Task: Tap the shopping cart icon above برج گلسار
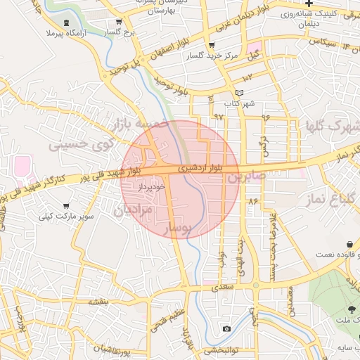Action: pyautogui.click(x=120, y=21)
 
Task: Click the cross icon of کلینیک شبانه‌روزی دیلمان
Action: pyautogui.click(x=309, y=4)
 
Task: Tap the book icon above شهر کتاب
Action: pyautogui.click(x=239, y=93)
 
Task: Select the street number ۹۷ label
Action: pyautogui.click(x=218, y=116)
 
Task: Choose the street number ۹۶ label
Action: pyautogui.click(x=265, y=117)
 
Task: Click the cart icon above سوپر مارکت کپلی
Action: pyautogui.click(x=65, y=207)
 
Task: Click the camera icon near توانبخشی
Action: pyautogui.click(x=226, y=329)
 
